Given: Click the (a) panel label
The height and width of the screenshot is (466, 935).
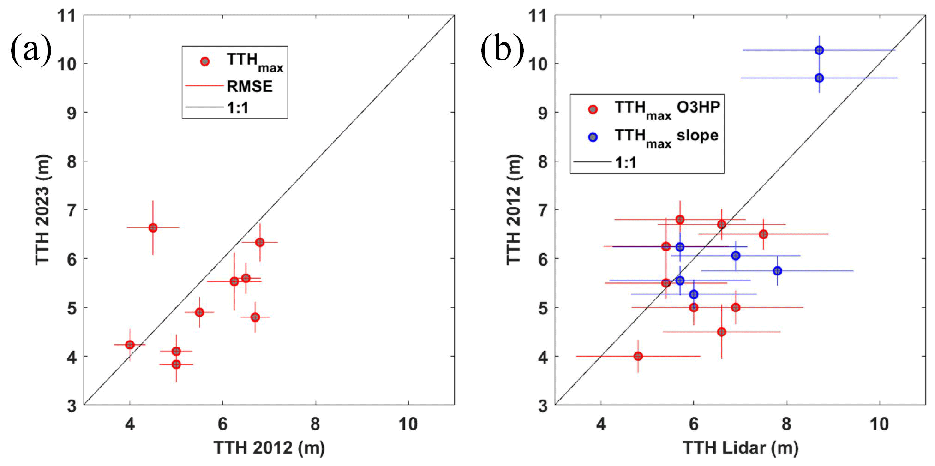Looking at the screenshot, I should pos(30,49).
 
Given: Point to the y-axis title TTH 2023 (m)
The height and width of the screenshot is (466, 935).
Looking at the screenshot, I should pos(43,209).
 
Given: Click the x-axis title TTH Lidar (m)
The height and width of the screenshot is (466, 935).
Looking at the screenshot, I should pos(740,448).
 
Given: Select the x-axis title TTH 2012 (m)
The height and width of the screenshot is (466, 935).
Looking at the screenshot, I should pos(269,448).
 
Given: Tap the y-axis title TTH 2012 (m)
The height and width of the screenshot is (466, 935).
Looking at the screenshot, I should pos(514,209).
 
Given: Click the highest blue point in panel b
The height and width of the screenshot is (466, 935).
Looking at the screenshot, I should pos(819,50).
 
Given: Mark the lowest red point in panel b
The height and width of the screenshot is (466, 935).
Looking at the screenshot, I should pos(638,356).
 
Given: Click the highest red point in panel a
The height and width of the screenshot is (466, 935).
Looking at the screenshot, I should pos(153,228).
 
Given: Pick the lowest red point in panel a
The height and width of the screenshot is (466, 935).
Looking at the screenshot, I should pos(176,364).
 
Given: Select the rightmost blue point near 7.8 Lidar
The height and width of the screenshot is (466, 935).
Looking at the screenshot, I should pos(778,271).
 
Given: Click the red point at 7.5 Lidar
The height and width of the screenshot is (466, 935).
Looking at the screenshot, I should pos(763,234).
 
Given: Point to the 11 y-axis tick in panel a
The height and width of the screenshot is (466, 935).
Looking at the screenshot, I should pos(66,16).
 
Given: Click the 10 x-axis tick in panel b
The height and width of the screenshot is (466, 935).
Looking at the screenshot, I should pos(879,424).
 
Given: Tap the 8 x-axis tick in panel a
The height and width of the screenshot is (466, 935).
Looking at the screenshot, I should pos(315,424).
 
